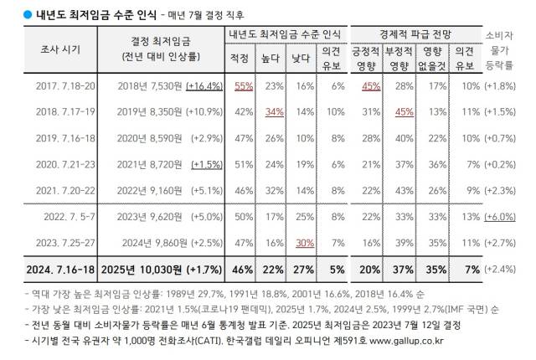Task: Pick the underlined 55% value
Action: (245, 86)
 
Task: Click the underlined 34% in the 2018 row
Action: (274, 111)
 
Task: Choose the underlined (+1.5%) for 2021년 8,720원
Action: (204, 166)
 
